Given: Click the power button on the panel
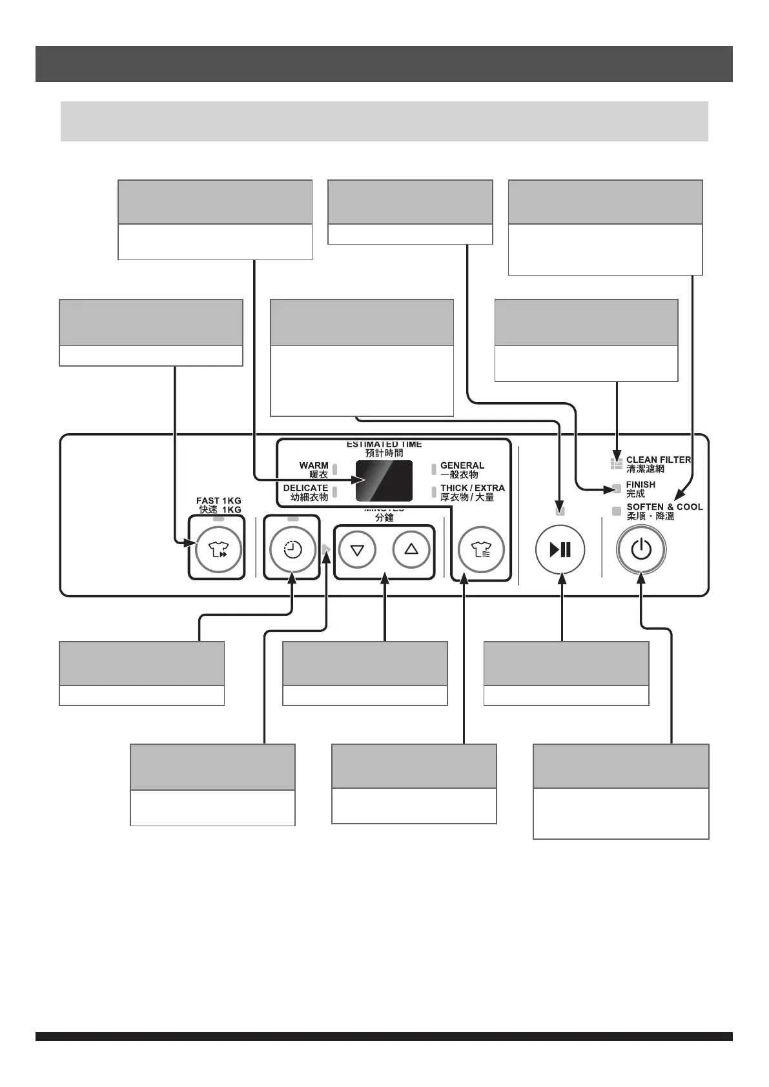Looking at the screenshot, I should (x=641, y=550).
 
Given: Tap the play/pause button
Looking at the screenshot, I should (x=560, y=550).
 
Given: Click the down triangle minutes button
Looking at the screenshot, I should (x=357, y=550).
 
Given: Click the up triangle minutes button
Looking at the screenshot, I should (x=411, y=549).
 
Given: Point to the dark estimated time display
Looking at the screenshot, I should (x=384, y=481).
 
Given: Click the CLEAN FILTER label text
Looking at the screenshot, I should (x=658, y=460).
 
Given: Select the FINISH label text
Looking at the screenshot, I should (x=641, y=485).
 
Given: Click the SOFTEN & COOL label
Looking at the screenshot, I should (x=664, y=507).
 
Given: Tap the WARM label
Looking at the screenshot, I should (x=314, y=465).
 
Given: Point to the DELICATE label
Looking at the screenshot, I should (x=305, y=489).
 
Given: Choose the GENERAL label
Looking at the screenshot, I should (x=462, y=465).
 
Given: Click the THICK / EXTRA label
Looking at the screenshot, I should (x=473, y=489).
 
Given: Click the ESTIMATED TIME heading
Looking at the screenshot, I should (x=384, y=445).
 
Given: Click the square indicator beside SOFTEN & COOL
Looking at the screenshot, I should (x=617, y=511).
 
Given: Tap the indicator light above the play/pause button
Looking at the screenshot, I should (x=560, y=511).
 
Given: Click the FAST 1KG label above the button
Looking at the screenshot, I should (x=219, y=501).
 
